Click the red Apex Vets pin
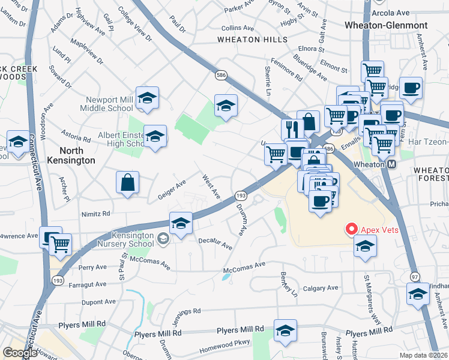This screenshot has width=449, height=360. (x=351, y=229)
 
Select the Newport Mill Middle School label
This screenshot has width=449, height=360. (x=107, y=104)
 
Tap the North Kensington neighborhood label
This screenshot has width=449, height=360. (x=69, y=155)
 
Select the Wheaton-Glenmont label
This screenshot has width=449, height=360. (x=386, y=25)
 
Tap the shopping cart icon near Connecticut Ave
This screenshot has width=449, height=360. (x=60, y=244)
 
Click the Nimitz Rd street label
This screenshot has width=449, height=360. (x=95, y=213)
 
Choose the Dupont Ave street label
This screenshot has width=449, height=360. (x=85, y=302)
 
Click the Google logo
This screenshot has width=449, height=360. (x=20, y=352)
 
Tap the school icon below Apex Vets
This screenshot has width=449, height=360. (x=364, y=246)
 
